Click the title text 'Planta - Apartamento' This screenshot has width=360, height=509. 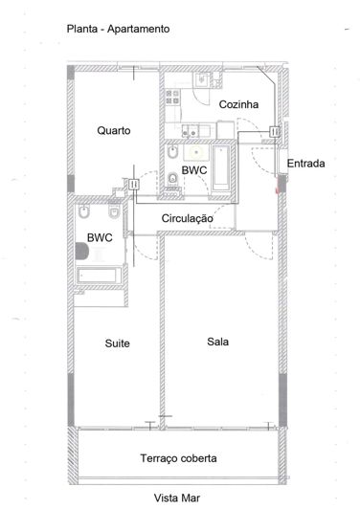pyautogui.click(x=118, y=30)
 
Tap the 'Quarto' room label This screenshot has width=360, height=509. pyautogui.click(x=113, y=131)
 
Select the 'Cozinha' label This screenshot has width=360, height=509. pyautogui.click(x=235, y=104)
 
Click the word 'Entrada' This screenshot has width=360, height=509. pyautogui.click(x=305, y=165)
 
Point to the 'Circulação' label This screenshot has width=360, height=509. pyautogui.click(x=187, y=219)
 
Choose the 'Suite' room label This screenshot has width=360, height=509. pyautogui.click(x=117, y=343)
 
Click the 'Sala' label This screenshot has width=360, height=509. pyautogui.click(x=217, y=341)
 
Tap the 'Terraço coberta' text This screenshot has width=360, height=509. pyautogui.click(x=178, y=457)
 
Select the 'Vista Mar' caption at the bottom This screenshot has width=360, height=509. pyautogui.click(x=179, y=498)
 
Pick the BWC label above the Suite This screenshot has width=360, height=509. pyautogui.click(x=100, y=237)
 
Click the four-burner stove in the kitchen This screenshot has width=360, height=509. pyautogui.click(x=173, y=96)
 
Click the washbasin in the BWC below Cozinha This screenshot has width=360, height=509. pyautogui.click(x=196, y=150)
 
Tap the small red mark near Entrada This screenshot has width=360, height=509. pyautogui.click(x=278, y=189)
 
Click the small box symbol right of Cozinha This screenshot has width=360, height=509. pyautogui.click(x=275, y=131)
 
